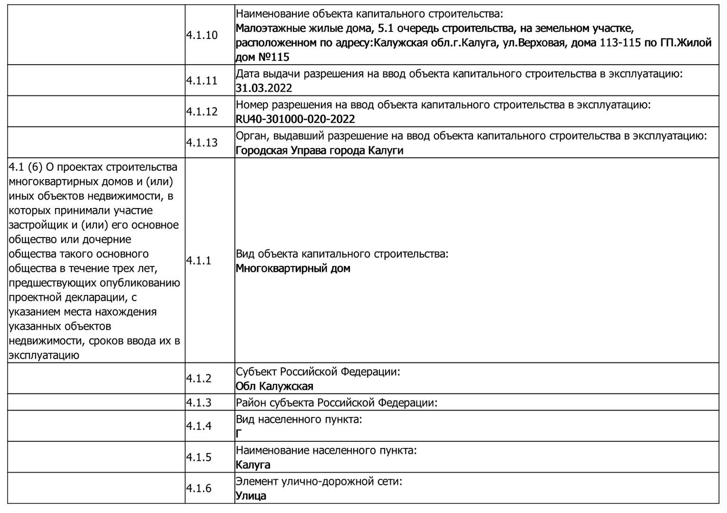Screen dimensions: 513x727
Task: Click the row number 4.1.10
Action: tap(202, 35)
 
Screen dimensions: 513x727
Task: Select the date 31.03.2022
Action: tap(264, 88)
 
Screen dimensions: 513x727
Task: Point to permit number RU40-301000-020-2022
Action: tap(295, 119)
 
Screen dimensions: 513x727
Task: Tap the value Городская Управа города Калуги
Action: tap(320, 150)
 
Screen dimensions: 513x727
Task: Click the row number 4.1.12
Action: tap(202, 112)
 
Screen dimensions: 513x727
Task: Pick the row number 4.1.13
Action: tap(202, 142)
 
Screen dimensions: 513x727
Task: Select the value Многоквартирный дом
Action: tap(293, 268)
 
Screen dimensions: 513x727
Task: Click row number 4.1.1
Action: tap(199, 260)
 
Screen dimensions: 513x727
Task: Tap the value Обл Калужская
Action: tap(274, 386)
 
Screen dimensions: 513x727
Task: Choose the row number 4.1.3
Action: tap(199, 403)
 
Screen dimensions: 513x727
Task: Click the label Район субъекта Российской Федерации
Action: tap(336, 403)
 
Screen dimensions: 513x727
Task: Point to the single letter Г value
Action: tap(239, 434)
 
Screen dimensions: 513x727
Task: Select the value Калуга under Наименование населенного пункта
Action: tap(253, 465)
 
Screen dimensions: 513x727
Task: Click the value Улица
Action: tap(251, 496)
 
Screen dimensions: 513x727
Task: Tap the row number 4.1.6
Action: tap(199, 488)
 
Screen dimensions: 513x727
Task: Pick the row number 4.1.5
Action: tap(199, 457)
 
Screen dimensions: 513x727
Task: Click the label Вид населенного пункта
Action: tap(299, 419)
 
